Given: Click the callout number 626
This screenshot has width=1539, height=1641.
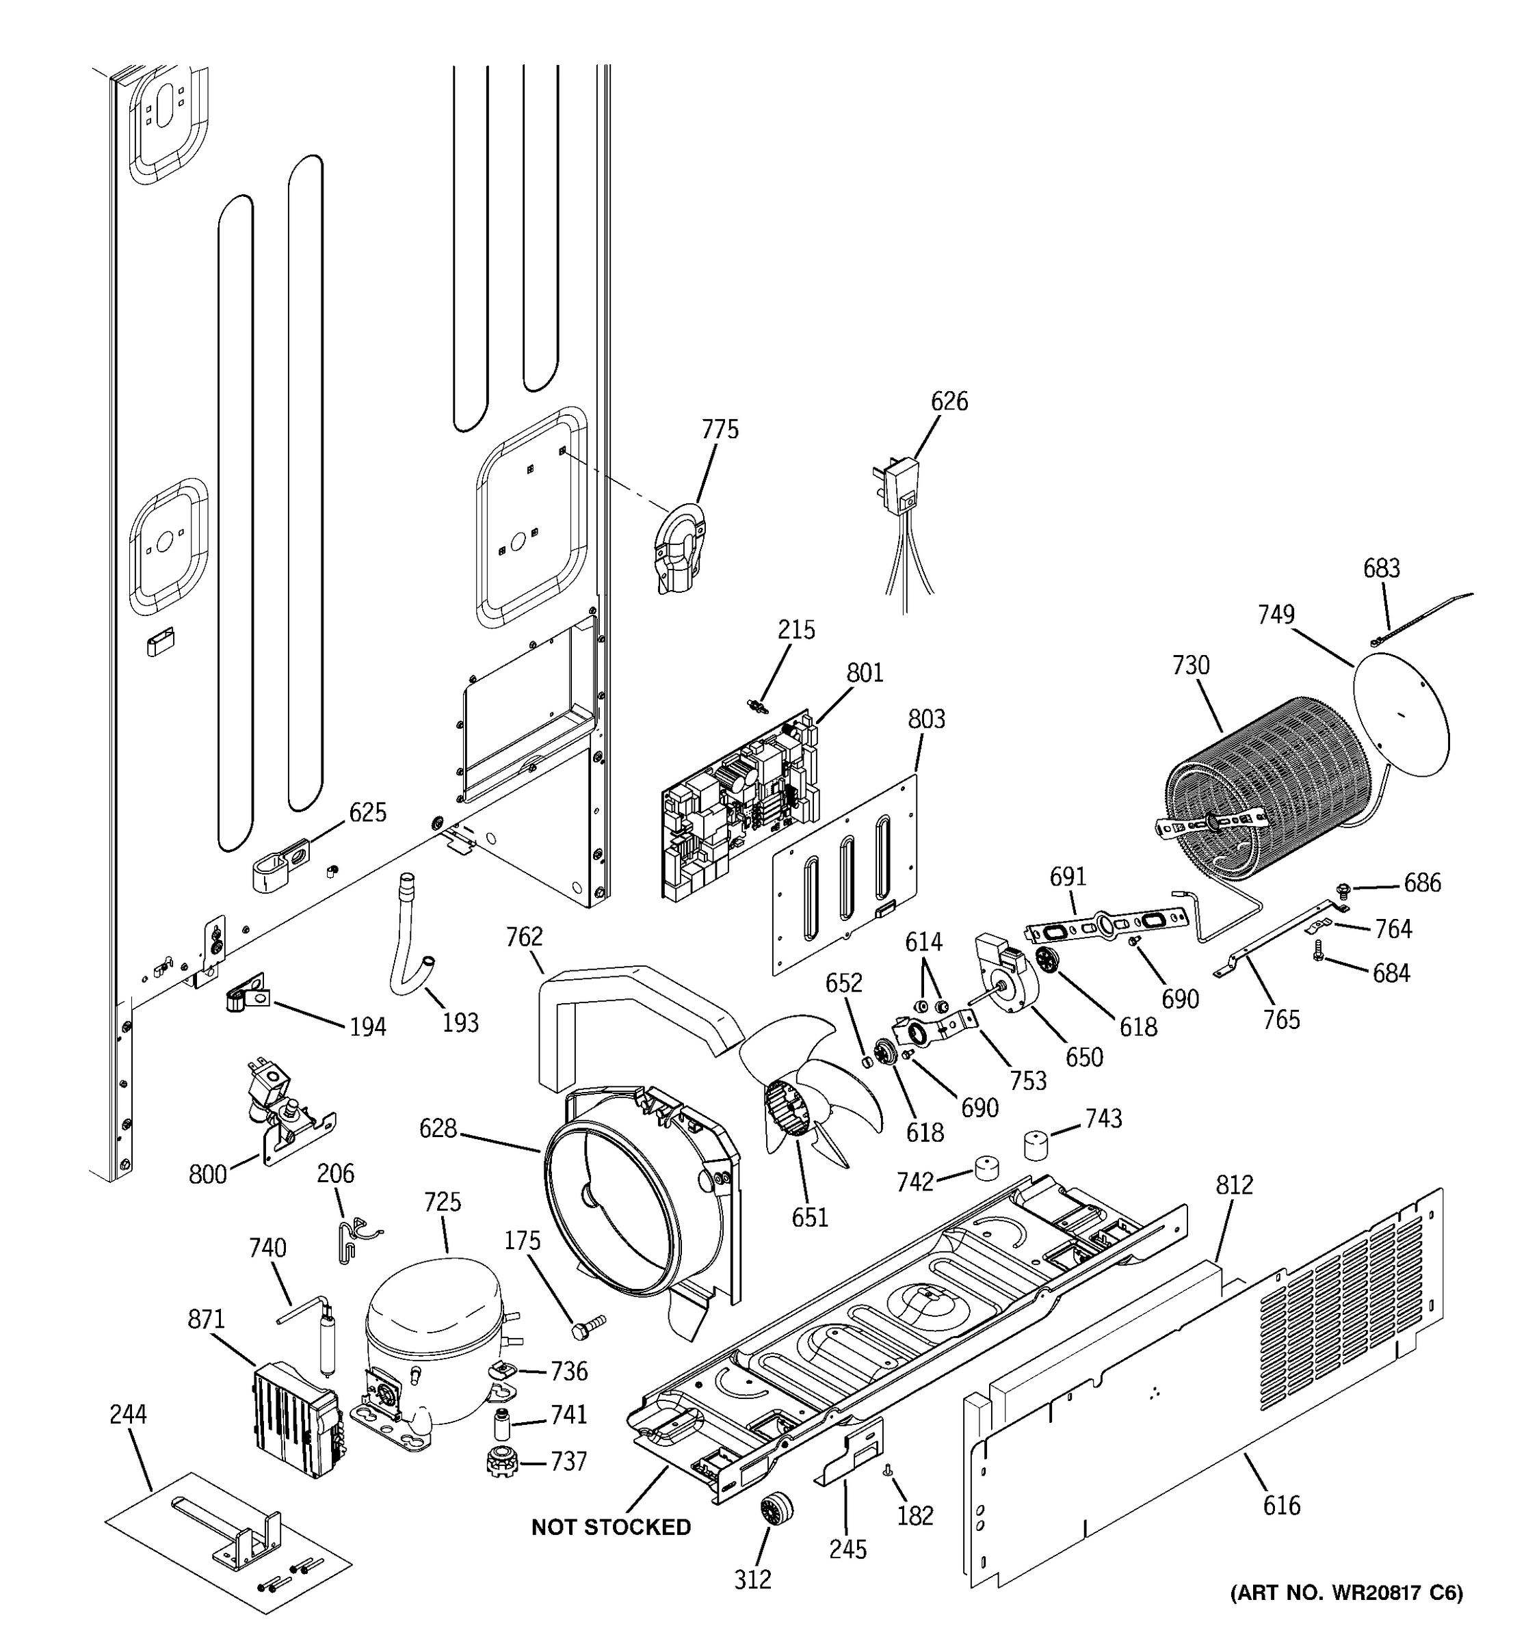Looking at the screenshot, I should [949, 401].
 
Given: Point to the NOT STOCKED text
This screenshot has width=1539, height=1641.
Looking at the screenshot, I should [610, 1527].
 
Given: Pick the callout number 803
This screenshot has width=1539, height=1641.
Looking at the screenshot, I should [926, 719].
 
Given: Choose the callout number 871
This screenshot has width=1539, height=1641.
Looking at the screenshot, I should [206, 1319].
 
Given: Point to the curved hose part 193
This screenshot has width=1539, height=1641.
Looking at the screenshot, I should [410, 941].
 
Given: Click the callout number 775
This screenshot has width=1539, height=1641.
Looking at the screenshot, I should [720, 429].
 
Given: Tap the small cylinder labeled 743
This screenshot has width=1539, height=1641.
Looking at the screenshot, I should [1039, 1146].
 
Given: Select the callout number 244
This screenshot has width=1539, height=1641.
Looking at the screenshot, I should [128, 1414].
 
